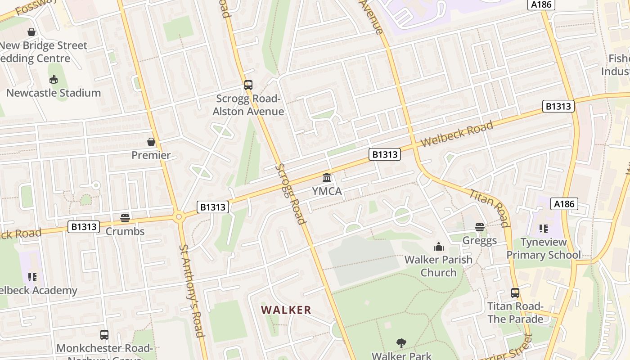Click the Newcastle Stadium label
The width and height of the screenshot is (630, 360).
pos(53,93)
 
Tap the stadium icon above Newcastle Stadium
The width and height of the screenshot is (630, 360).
pos(54,80)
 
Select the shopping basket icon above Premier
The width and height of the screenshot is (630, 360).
pos(151,142)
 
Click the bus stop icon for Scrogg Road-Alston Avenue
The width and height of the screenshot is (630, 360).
pos(248,85)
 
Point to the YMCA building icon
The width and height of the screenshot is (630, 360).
pos(327,177)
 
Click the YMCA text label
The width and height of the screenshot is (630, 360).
pos(327,191)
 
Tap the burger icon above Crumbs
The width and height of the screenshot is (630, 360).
pos(125,218)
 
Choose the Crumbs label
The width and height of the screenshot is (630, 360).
pos(125,231)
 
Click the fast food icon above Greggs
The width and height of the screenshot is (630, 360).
pos(480,227)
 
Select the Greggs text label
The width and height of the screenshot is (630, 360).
pos(480,241)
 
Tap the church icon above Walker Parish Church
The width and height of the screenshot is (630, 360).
pos(438,247)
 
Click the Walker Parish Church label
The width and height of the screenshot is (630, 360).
pos(438,266)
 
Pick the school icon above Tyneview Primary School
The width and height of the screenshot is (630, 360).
pos(544,229)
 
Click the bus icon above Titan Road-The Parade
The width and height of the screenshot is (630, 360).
pos(515,293)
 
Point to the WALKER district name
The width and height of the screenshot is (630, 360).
pos(286,310)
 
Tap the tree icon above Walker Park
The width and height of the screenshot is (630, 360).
pos(401,343)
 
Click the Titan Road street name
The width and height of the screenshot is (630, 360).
pos(490,208)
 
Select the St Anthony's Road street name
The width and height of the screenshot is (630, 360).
pos(192,290)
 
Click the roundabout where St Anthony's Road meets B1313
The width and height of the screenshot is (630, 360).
pos(179,217)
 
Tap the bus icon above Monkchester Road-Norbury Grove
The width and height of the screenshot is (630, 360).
pos(104,334)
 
